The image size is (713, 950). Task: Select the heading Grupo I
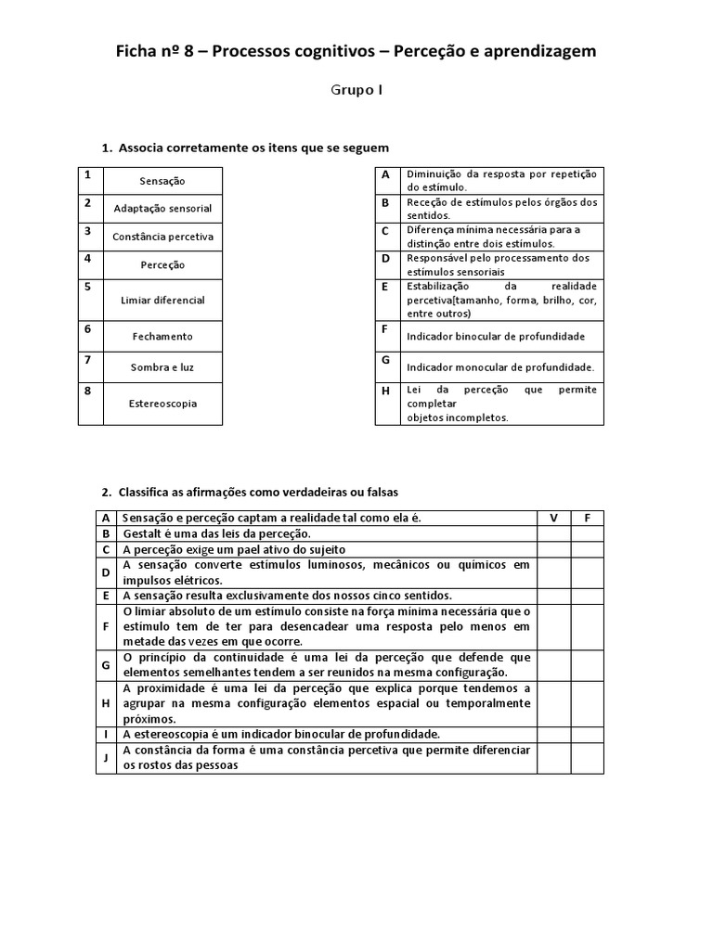click(356, 90)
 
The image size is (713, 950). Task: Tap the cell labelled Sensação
click(162, 181)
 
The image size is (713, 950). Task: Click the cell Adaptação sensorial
click(162, 209)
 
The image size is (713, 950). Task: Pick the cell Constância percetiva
click(162, 237)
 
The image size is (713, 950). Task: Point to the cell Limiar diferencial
click(162, 301)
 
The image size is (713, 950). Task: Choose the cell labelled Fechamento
click(162, 337)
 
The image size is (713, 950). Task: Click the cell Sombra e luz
click(162, 367)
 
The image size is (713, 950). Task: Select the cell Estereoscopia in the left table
click(162, 404)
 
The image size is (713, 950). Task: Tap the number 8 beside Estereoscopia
click(88, 392)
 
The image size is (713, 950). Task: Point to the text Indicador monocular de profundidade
click(499, 367)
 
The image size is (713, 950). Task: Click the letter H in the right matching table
click(384, 391)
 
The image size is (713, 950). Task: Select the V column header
click(553, 518)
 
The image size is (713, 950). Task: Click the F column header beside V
click(587, 518)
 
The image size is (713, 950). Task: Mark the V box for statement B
click(553, 533)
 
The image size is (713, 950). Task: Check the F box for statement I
click(587, 734)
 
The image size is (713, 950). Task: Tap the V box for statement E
click(553, 596)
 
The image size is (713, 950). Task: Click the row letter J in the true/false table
click(106, 758)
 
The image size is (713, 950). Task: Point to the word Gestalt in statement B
click(141, 533)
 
